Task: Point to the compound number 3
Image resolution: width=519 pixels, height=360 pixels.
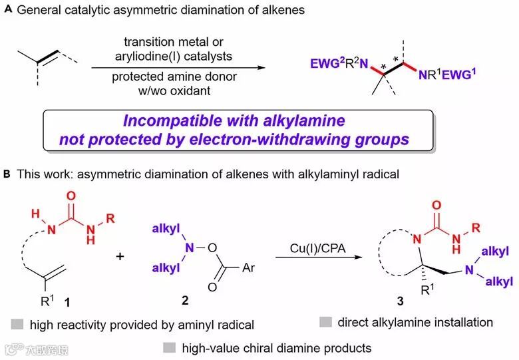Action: pyautogui.click(x=399, y=303)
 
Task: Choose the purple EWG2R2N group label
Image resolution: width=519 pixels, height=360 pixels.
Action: pyautogui.click(x=338, y=65)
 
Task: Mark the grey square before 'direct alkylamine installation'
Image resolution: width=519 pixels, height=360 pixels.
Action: pyautogui.click(x=325, y=323)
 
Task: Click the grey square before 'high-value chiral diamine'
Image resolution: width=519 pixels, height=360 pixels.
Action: pyautogui.click(x=169, y=347)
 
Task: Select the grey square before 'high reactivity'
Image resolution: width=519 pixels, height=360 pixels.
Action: pyautogui.click(x=18, y=324)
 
